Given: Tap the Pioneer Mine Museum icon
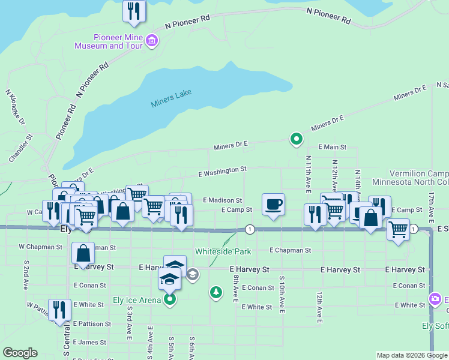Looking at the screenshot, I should click(151, 41).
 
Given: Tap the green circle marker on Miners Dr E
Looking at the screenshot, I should click(296, 139).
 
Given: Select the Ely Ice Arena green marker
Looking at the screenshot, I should click(170, 298).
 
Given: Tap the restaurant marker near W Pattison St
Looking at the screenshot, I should click(59, 310).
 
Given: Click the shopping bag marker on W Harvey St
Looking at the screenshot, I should click(83, 253).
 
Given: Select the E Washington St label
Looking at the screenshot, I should click(223, 171).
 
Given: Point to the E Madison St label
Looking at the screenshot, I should click(222, 200).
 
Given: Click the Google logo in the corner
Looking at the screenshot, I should click(20, 353).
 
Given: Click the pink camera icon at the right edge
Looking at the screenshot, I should click(435, 299).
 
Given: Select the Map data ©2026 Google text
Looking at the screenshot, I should click(411, 355).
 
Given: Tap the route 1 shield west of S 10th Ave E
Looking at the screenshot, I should click(250, 229).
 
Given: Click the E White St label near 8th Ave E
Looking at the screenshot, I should click(257, 307).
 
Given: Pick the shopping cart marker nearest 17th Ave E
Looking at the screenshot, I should click(398, 230).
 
